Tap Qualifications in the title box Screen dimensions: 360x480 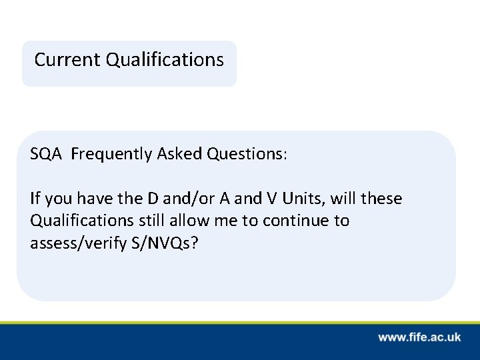point(165,60)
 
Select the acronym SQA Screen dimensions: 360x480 point(46,155)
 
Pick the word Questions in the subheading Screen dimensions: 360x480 point(246,155)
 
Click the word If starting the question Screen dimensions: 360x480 point(35,199)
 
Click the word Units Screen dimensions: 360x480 point(301,199)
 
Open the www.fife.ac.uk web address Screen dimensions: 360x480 point(419,337)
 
